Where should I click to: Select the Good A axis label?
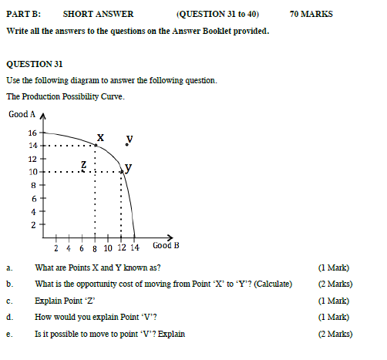pyautogui.click(x=22, y=115)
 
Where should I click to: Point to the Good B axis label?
pyautogui.click(x=167, y=246)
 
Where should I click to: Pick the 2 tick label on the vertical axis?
pyautogui.click(x=33, y=225)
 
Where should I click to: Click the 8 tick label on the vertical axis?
pyautogui.click(x=33, y=185)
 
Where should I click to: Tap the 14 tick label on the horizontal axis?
pyautogui.click(x=135, y=248)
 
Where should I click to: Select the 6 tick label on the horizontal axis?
pyautogui.click(x=82, y=248)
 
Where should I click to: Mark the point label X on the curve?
pyautogui.click(x=100, y=137)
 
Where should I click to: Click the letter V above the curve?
pyautogui.click(x=130, y=139)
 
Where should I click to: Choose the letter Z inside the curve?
pyautogui.click(x=84, y=164)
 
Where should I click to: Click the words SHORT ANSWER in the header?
pyautogui.click(x=98, y=13)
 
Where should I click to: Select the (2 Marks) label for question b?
pyautogui.click(x=335, y=284)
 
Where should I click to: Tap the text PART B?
pyautogui.click(x=24, y=13)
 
